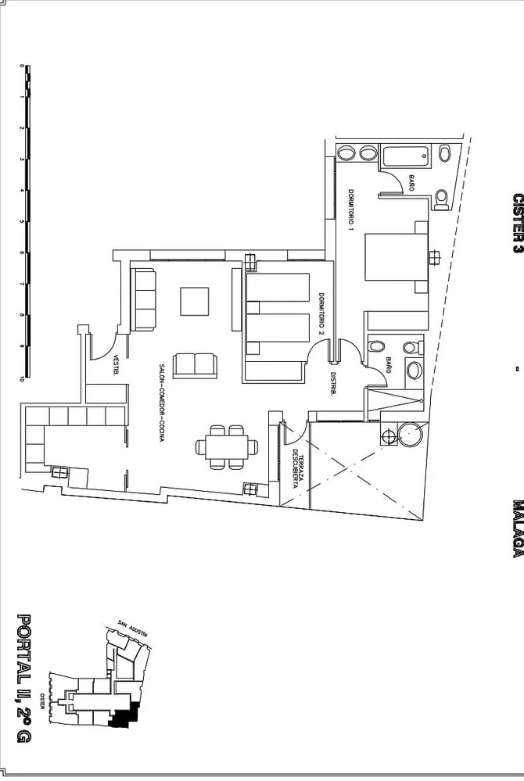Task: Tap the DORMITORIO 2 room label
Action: tap(321, 314)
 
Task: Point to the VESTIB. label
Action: tap(116, 364)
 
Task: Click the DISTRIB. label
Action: tap(332, 384)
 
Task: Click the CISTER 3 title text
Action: tap(518, 223)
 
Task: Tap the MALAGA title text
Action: tap(518, 528)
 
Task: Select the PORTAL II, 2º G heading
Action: tap(23, 678)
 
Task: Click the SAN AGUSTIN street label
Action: tap(132, 629)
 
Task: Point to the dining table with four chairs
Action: tap(228, 446)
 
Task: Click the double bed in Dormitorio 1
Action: tap(397, 257)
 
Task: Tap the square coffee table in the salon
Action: tap(195, 301)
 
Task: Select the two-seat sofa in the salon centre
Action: tap(195, 365)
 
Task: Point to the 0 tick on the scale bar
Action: tap(23, 66)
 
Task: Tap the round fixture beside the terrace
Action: tap(411, 435)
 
